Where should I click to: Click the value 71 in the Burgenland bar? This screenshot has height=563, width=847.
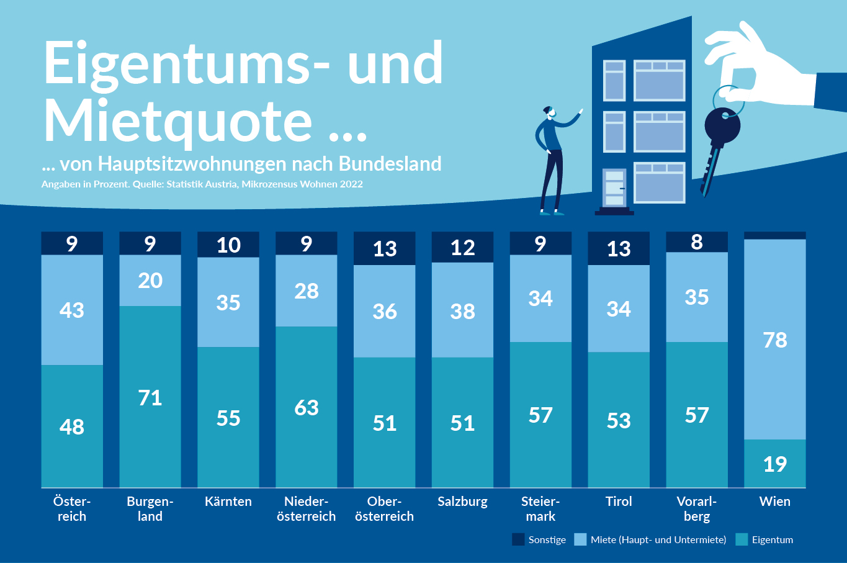click(150, 397)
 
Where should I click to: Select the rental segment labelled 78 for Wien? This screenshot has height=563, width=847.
click(775, 340)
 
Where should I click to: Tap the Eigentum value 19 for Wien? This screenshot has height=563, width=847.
click(775, 464)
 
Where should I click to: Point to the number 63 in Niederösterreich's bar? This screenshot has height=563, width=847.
click(307, 407)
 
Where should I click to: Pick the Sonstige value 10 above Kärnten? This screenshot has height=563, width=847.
click(228, 245)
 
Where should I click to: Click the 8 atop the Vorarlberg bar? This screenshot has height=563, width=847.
click(697, 241)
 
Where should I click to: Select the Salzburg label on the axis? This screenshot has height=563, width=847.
click(462, 502)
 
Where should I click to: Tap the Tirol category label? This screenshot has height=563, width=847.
click(619, 502)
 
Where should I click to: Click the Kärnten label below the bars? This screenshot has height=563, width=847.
click(228, 502)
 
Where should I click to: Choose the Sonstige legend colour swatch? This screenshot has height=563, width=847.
click(518, 539)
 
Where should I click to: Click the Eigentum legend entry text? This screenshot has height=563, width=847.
click(773, 540)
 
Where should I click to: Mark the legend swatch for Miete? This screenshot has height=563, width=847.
click(580, 539)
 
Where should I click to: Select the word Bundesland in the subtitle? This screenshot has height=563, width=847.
click(390, 164)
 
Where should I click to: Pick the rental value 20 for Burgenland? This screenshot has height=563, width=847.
click(150, 281)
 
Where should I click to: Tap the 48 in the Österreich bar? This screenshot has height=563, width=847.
click(72, 426)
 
